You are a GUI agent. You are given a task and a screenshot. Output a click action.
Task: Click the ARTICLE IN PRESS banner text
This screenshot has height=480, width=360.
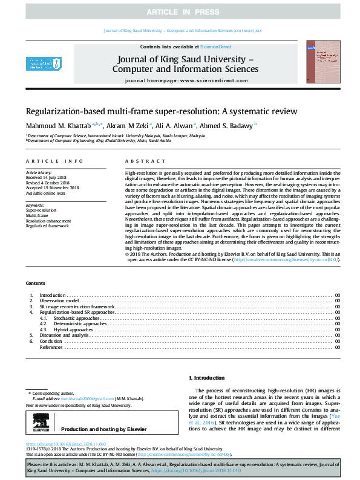tap(180, 11)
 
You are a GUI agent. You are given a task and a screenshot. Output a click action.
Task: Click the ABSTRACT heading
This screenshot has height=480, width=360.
tap(145, 161)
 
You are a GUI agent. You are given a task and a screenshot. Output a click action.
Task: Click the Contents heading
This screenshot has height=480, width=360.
tap(34, 283)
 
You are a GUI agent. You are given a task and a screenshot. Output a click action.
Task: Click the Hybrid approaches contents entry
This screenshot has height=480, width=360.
tap(73, 329)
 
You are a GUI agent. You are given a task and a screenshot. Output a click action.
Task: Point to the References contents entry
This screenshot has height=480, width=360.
tap(51, 347)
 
